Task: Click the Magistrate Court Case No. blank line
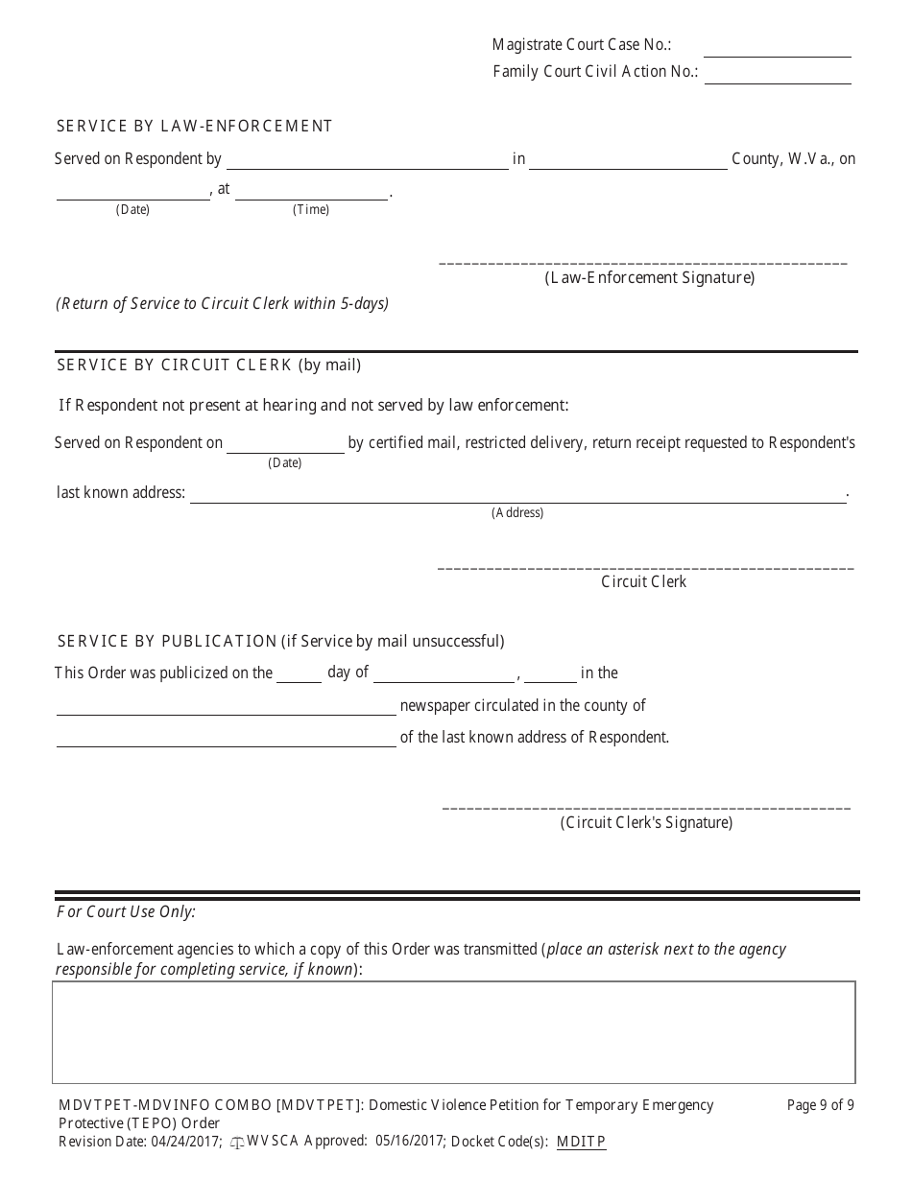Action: pos(777,50)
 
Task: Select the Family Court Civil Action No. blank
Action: pos(777,77)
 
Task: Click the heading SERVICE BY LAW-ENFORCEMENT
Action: pos(194,126)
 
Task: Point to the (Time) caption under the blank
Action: pos(310,210)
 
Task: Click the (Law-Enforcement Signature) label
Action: pos(649,278)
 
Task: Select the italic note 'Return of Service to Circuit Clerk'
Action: pos(222,303)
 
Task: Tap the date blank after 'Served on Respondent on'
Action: pos(285,446)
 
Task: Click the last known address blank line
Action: pos(517,496)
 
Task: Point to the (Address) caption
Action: pos(517,513)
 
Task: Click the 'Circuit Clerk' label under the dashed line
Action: pos(643,582)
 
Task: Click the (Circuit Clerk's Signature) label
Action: pos(646,823)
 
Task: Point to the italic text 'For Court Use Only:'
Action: pos(126,911)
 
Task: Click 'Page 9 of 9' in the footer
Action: pos(820,1105)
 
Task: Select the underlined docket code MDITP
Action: pos(581,1142)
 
